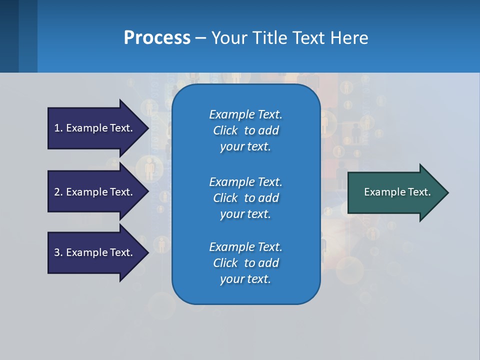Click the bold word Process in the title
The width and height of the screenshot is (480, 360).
click(x=157, y=37)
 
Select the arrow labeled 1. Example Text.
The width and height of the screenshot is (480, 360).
click(x=95, y=128)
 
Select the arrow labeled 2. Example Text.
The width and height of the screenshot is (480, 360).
click(x=95, y=192)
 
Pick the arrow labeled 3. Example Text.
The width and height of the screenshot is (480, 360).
click(x=95, y=252)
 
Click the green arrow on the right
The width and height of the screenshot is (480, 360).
click(x=395, y=192)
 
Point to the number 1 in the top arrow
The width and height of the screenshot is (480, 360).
click(x=57, y=128)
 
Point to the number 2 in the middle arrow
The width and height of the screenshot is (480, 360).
click(x=57, y=192)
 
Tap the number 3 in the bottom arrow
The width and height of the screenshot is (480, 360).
click(x=57, y=252)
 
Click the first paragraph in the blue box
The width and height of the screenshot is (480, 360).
click(x=245, y=130)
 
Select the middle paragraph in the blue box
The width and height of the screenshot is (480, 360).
click(x=245, y=197)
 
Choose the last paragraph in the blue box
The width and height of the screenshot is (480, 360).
click(x=245, y=263)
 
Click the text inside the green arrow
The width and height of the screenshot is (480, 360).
click(x=397, y=192)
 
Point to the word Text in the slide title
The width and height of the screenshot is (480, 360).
click(x=308, y=37)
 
